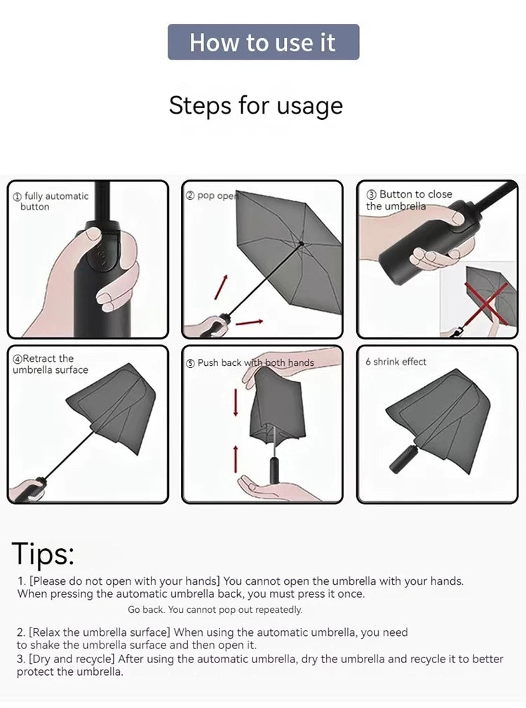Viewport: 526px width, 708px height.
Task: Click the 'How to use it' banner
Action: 263,42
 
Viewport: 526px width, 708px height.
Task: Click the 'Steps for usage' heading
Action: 256,106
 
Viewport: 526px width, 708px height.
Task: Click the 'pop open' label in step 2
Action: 213,196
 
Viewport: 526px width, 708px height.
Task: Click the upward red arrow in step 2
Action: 221,287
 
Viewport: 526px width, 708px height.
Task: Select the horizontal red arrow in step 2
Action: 249,322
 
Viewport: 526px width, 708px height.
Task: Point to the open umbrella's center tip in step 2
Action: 301,244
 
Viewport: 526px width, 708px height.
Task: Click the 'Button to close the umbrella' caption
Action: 410,200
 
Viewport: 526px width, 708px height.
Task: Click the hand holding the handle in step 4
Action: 27,489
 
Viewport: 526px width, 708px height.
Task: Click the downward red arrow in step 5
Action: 236,402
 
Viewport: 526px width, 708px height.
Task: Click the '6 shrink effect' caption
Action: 396,362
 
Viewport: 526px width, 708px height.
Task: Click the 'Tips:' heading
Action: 43,554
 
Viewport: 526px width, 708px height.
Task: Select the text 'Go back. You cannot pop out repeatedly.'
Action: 215,610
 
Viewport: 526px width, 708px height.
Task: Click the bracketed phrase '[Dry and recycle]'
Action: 72,659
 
